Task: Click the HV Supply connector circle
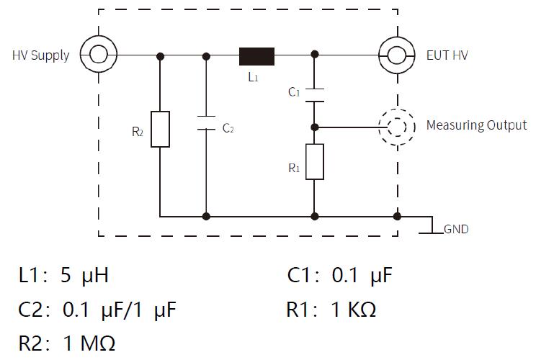[95, 54]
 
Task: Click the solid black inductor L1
[256, 55]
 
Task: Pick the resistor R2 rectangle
[160, 129]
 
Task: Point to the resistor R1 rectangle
[315, 161]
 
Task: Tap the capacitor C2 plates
[207, 123]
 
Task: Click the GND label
[456, 230]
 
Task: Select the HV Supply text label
[40, 55]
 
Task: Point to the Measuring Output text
[476, 125]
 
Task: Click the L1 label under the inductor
[253, 76]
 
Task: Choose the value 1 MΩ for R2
[89, 342]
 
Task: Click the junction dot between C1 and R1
[315, 126]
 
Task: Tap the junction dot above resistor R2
[160, 55]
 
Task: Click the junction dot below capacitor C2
[207, 215]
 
